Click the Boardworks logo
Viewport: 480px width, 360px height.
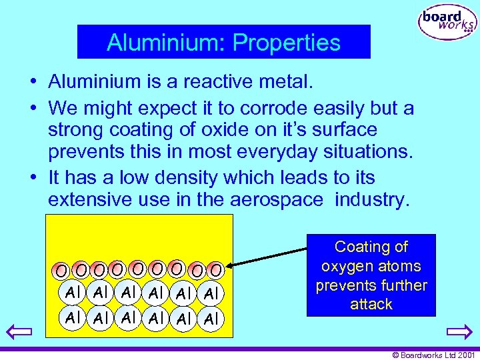tap(447, 23)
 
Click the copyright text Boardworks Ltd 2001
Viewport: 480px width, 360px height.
tap(433, 355)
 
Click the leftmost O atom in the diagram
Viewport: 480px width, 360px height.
tap(61, 271)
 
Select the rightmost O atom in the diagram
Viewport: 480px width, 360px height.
tap(215, 270)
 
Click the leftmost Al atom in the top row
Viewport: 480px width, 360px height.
tap(72, 291)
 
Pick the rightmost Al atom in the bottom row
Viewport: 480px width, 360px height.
tap(211, 319)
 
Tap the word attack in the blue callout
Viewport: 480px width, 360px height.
tap(371, 305)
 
